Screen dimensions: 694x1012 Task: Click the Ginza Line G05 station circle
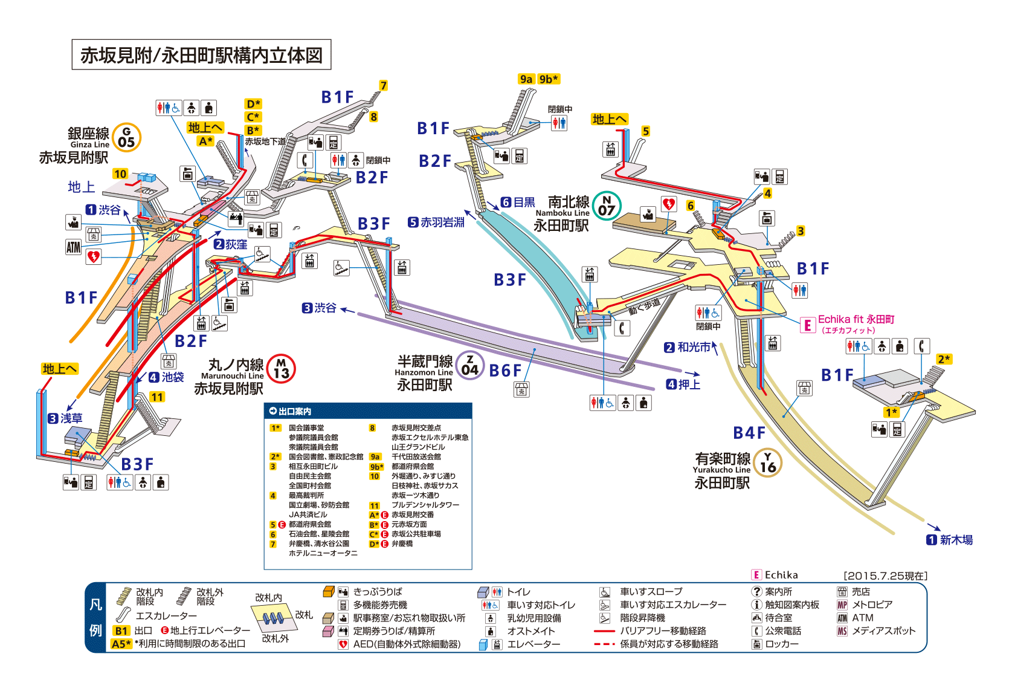click(126, 137)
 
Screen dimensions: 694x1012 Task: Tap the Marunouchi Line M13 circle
click(281, 369)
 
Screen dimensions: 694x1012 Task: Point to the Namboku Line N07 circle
click(607, 206)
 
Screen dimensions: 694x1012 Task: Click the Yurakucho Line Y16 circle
click(768, 462)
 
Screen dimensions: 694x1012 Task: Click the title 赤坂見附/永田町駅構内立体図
click(201, 55)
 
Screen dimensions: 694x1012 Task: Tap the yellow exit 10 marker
click(120, 174)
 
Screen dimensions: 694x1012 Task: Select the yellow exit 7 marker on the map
click(383, 86)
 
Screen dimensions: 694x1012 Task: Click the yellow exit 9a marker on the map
click(526, 79)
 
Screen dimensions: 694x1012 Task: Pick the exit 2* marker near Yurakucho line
click(944, 359)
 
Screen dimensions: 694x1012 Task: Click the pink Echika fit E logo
click(807, 325)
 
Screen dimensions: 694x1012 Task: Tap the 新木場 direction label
click(956, 540)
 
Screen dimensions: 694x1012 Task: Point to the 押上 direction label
click(689, 384)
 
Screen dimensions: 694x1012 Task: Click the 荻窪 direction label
click(236, 244)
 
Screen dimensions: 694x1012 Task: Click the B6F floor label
click(504, 371)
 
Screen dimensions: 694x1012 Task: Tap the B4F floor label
click(749, 433)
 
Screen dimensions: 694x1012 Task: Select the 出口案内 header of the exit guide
click(295, 411)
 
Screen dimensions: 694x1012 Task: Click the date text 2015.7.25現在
click(885, 576)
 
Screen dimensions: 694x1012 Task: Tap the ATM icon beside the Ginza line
click(73, 247)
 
